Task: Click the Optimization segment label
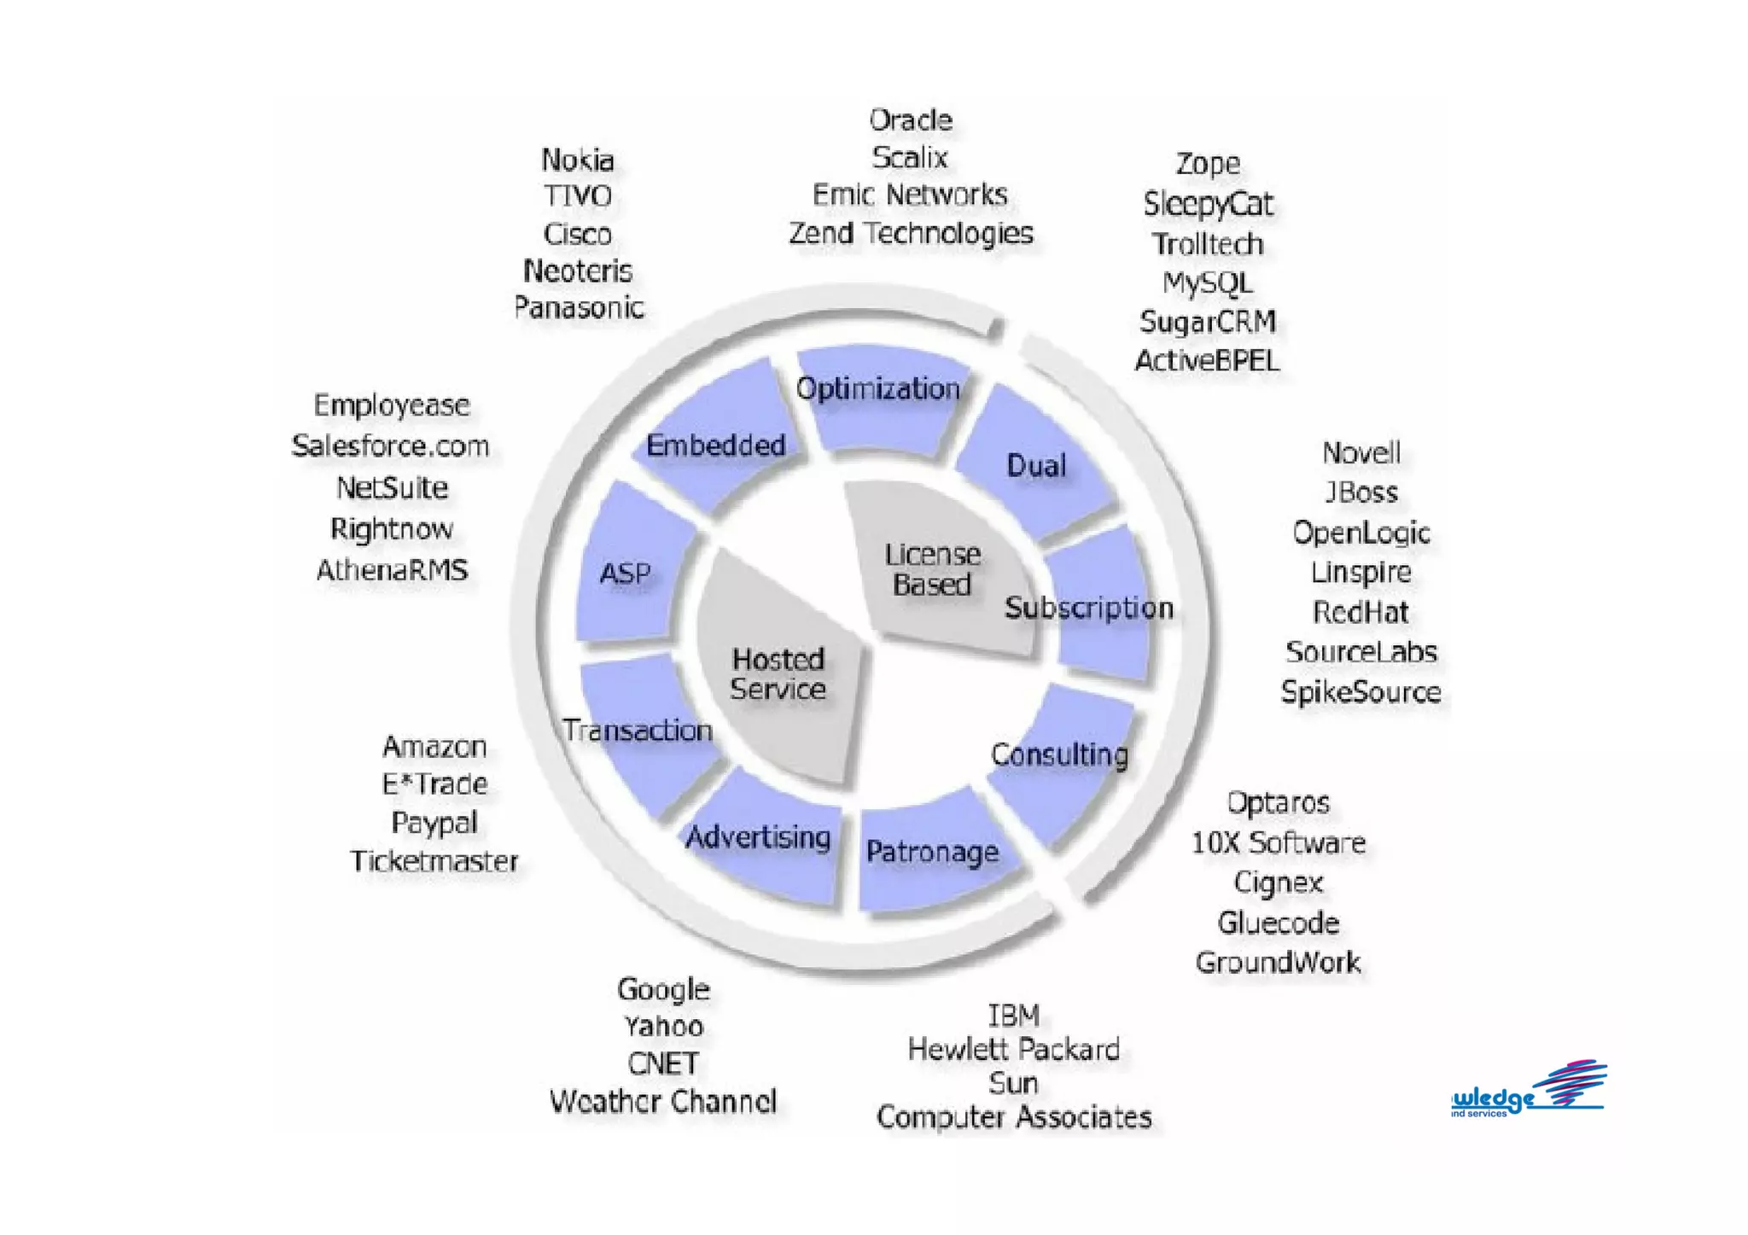coord(877,389)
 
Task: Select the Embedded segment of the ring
coord(715,445)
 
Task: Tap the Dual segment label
coord(1036,465)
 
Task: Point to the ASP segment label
coord(625,574)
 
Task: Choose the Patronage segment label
coord(932,851)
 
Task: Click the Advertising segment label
coord(758,837)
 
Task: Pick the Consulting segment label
coord(1059,754)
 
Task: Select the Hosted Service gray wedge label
coord(778,674)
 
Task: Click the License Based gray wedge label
coord(932,569)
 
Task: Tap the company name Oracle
coord(911,120)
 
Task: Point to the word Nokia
coord(578,160)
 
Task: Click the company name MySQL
coord(1207,283)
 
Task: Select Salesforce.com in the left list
coord(390,446)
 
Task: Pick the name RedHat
coord(1361,612)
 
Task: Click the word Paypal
coord(434,823)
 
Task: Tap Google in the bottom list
coord(663,989)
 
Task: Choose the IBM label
coord(1013,1016)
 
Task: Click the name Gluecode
coord(1278,923)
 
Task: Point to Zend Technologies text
coord(911,233)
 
